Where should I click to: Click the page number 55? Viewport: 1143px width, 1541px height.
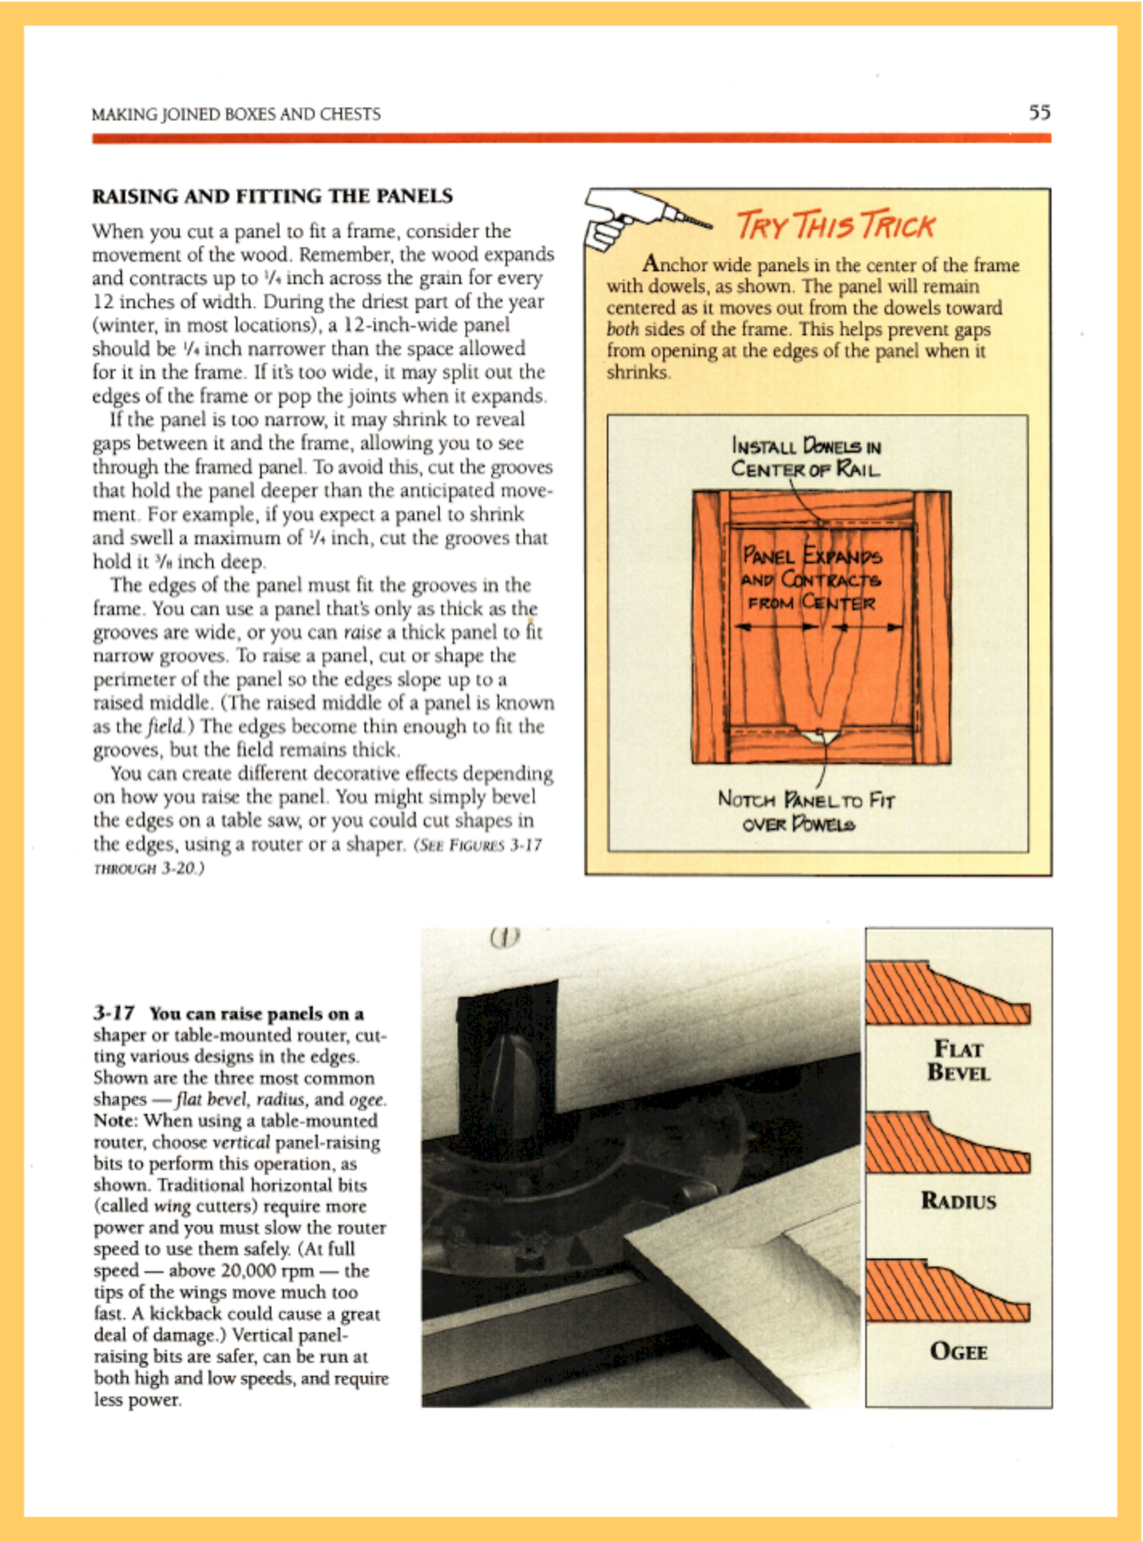(x=1039, y=112)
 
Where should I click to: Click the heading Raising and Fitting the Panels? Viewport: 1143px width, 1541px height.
(x=272, y=196)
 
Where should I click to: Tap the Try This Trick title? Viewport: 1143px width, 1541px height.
(x=835, y=226)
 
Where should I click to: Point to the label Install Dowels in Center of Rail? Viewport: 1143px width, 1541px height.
(x=805, y=457)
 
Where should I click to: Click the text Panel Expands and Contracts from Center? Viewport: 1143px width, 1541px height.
(x=811, y=579)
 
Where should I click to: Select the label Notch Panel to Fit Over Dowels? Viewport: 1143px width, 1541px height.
(x=805, y=811)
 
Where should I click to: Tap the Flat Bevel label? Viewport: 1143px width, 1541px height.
(x=958, y=1060)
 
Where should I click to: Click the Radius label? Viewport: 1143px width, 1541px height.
(x=958, y=1201)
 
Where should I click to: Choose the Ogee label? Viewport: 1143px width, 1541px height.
(x=958, y=1352)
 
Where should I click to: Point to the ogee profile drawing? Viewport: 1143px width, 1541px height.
(x=947, y=1291)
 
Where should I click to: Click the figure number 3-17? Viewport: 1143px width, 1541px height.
(x=113, y=1014)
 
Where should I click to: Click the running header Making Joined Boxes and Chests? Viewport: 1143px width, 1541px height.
(x=236, y=114)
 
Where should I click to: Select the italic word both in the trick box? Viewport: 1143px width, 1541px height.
(x=622, y=330)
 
